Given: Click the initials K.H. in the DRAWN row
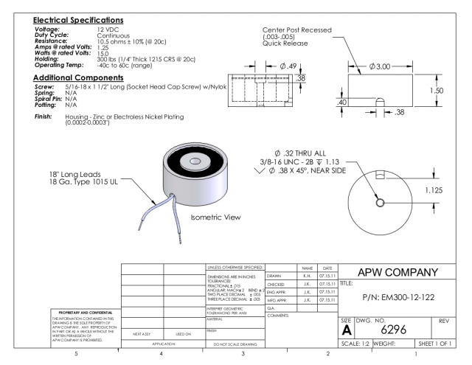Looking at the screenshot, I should click(304, 274).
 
